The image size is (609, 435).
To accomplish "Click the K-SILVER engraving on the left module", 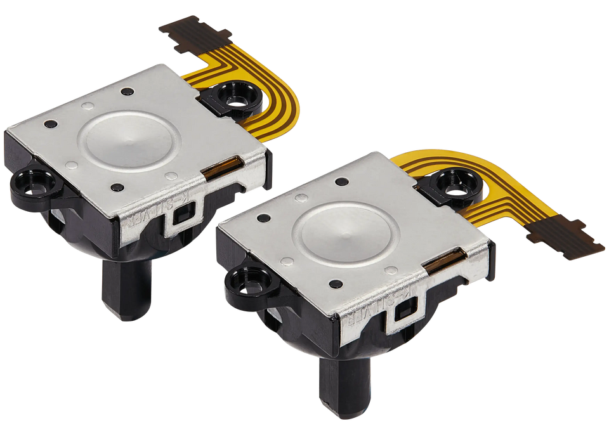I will click(x=156, y=214).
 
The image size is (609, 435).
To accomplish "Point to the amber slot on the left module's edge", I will click(x=225, y=167).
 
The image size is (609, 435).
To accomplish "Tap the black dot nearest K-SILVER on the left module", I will click(x=117, y=188).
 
